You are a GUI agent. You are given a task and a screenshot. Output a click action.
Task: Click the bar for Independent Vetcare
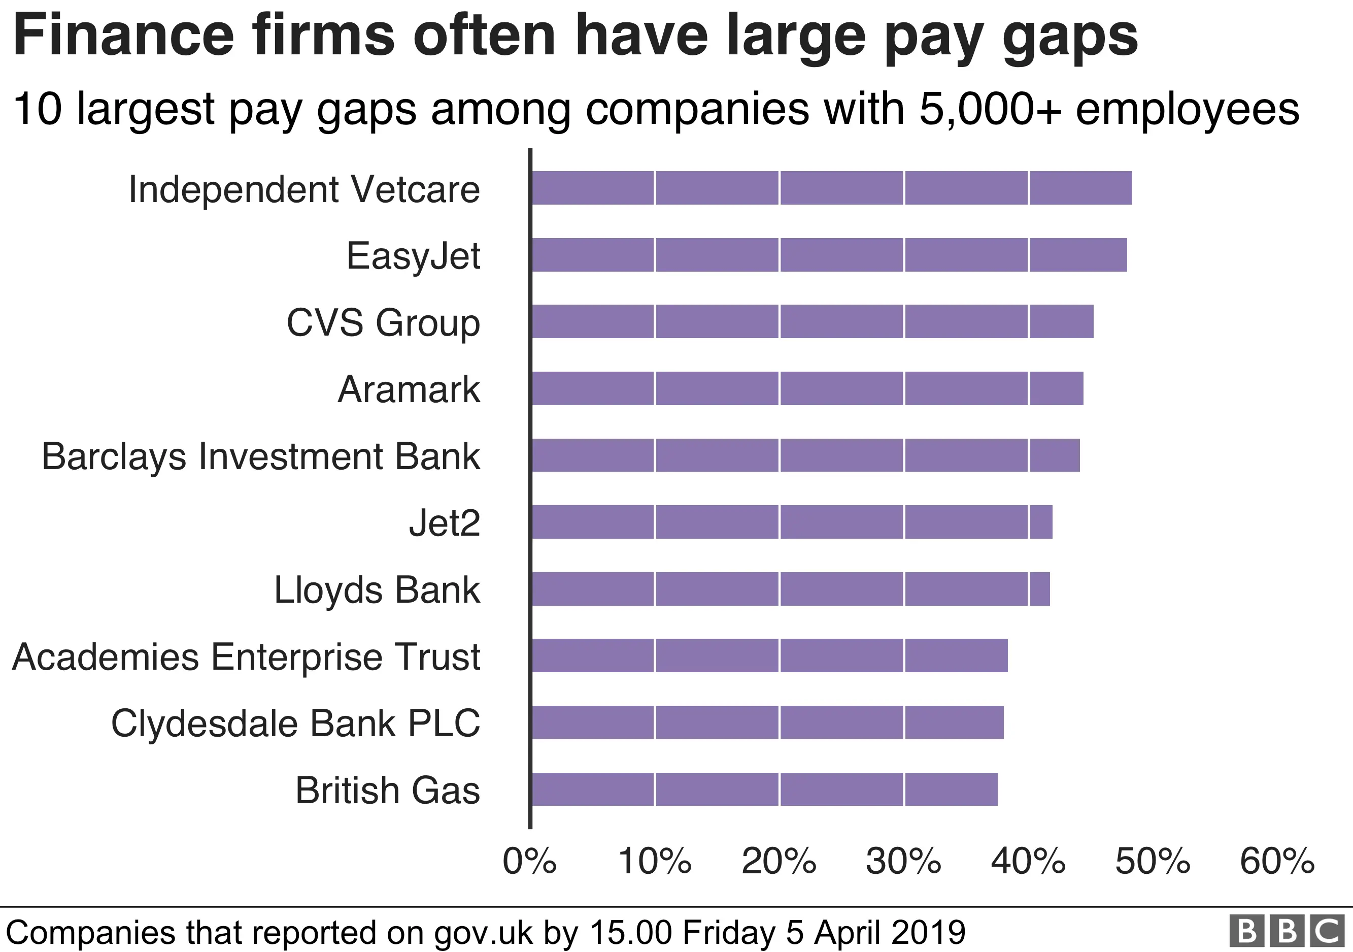pos(831,188)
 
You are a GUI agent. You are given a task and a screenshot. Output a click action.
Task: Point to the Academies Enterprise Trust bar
pos(769,655)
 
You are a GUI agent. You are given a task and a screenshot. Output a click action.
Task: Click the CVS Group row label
pos(383,323)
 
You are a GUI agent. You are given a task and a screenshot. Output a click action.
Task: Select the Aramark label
pos(409,389)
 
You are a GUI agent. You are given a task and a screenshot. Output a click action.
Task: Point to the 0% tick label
pos(529,861)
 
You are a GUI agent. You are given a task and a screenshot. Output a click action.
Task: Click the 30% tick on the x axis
pos(903,861)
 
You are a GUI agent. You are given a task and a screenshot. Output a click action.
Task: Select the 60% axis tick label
pos(1277,861)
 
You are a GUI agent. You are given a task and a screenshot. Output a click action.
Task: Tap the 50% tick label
pos(1153,861)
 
